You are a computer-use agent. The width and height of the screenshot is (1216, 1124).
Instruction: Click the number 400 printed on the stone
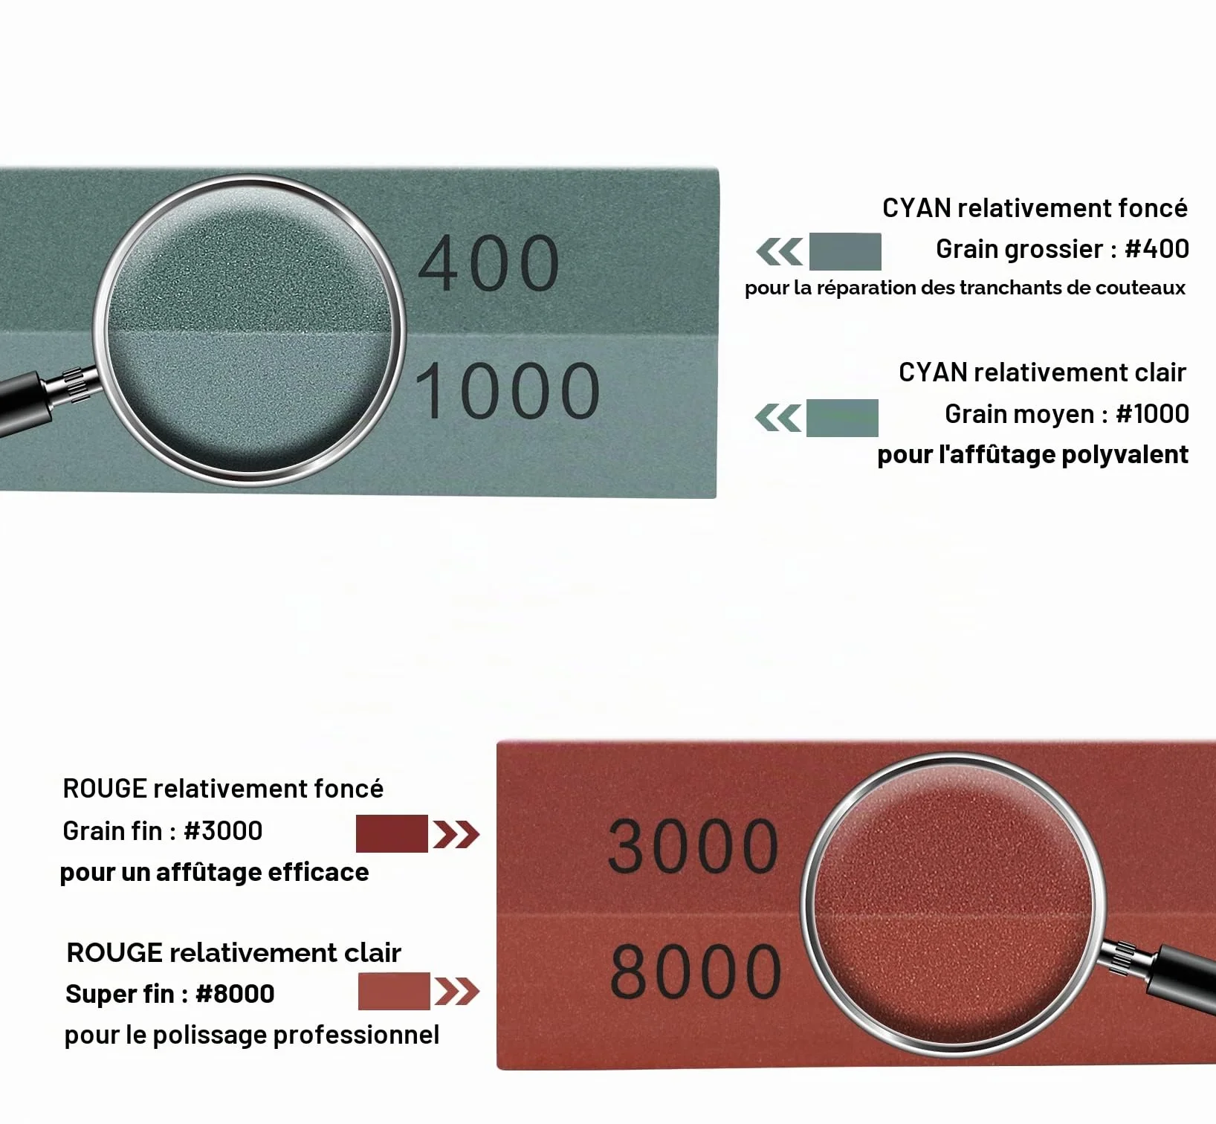(x=488, y=263)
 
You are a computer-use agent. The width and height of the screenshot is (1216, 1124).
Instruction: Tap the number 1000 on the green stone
(x=508, y=391)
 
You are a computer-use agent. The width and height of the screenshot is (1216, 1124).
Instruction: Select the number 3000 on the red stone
(x=693, y=846)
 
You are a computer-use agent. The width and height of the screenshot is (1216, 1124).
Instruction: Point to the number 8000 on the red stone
(x=696, y=971)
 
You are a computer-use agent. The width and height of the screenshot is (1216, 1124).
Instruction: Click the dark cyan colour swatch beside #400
(x=845, y=251)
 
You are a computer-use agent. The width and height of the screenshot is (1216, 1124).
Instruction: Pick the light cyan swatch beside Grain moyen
(x=842, y=418)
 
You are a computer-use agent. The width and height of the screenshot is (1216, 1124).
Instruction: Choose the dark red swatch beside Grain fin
(x=392, y=833)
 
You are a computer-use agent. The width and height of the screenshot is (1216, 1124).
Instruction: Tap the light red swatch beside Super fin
(x=394, y=991)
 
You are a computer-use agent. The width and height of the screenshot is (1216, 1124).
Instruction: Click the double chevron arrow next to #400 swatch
(x=779, y=252)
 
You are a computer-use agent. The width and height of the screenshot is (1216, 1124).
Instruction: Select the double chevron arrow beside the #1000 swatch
(x=777, y=418)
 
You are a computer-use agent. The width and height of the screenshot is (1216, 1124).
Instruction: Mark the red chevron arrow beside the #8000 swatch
(x=457, y=992)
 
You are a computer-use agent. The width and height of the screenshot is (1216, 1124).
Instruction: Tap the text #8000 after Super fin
(x=235, y=994)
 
